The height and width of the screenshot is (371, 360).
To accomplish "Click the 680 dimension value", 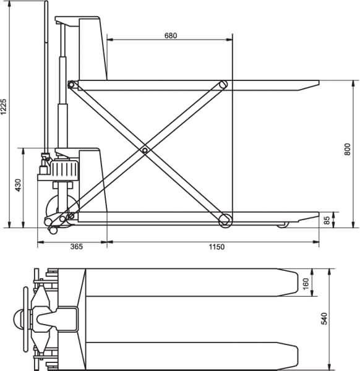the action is point(171,35).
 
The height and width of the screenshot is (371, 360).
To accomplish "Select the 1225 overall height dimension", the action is point(4,106).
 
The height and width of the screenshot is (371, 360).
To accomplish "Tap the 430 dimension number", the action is point(18,185).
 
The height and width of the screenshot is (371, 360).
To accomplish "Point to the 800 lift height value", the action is point(347,149).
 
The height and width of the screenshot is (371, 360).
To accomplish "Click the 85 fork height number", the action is point(327,221).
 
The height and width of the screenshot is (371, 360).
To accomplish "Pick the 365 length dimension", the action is point(77,247).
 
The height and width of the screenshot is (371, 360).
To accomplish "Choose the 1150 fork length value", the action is point(216,247).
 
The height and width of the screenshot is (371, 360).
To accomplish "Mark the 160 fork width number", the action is point(306,283).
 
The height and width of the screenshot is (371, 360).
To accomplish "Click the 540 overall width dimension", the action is point(324,318).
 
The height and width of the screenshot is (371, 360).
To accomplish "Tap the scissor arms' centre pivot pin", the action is point(145,150).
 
